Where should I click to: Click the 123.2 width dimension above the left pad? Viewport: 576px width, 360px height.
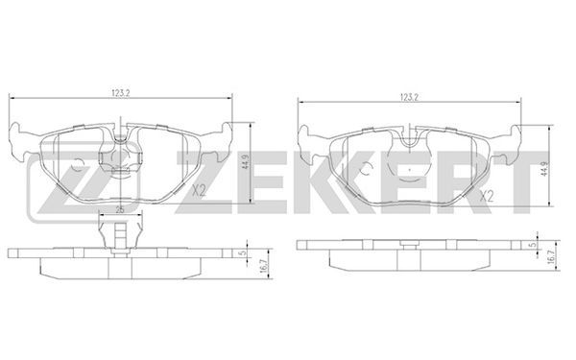tap(121, 93)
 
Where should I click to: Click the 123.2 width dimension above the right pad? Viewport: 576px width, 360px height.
tap(410, 97)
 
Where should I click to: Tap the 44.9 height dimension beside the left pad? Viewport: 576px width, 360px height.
tap(246, 161)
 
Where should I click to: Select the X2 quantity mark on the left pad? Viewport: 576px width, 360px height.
tap(199, 191)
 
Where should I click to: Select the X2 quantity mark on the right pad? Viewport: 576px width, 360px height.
tap(487, 196)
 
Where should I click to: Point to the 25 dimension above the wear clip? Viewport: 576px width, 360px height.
tap(120, 209)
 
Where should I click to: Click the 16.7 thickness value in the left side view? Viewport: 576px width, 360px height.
tap(263, 271)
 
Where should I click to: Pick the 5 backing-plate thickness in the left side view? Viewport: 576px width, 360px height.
tap(242, 252)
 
